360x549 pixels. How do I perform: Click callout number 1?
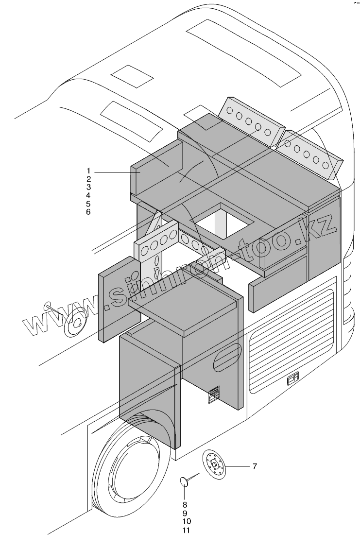[x=89, y=171]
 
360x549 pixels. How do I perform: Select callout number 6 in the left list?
[x=89, y=212]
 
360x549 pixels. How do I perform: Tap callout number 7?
[x=255, y=466]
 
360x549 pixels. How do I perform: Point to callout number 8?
[x=185, y=505]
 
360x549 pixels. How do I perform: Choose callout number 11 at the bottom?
[x=187, y=530]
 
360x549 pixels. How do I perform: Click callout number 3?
[x=89, y=187]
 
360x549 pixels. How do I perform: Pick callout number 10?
[x=187, y=521]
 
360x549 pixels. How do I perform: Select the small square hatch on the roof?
[x=132, y=76]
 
